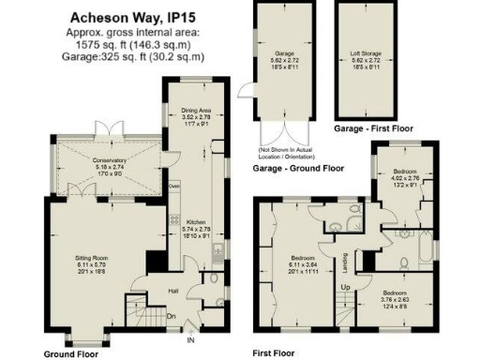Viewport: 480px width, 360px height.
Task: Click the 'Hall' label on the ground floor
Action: pyautogui.click(x=172, y=292)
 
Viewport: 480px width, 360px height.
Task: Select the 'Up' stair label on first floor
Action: pyautogui.click(x=347, y=285)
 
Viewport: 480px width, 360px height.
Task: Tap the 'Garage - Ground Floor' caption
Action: pyautogui.click(x=298, y=170)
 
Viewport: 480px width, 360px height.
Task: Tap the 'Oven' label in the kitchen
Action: pyautogui.click(x=173, y=186)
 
